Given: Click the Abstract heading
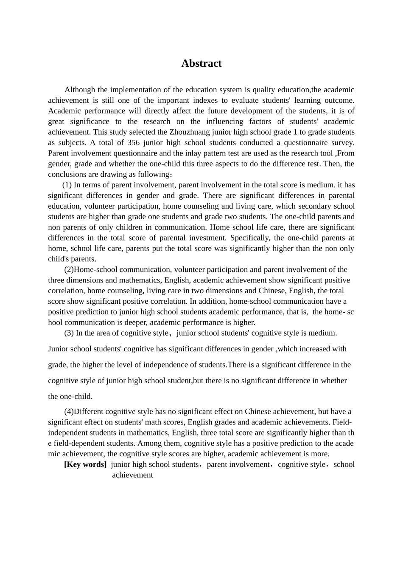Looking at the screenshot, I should [x=201, y=63].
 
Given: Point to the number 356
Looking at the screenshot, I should [x=133, y=143].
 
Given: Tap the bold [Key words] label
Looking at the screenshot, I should [x=85, y=464].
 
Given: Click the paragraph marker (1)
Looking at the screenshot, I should [x=67, y=185].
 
